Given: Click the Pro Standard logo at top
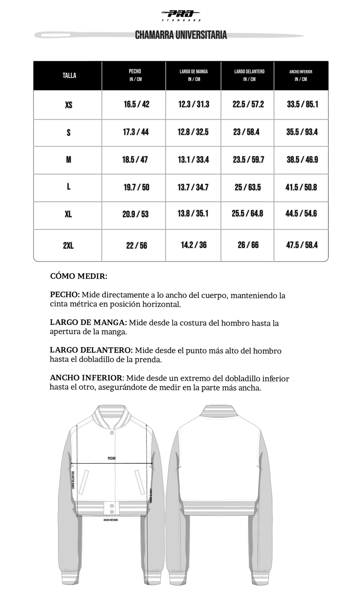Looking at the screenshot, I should pos(181,15).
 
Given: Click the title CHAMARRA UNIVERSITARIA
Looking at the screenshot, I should pos(181,35).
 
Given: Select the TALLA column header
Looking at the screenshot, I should pos(69,75).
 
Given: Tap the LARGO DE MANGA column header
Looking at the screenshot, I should pos(194,75).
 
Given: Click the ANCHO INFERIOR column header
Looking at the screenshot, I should pos(301,75).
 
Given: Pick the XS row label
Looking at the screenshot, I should pos(68,105).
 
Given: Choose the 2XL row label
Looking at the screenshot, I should pos(68,246).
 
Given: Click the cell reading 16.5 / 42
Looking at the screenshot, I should pos(136,104).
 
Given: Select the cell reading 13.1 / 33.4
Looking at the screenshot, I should pos(193,160).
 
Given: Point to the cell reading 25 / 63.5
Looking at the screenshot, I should pos(248,187).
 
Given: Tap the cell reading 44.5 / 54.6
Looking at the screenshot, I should pos(301,214).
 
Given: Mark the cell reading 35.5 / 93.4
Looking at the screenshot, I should pos(302,132).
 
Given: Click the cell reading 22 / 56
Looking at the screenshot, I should pos(136,246).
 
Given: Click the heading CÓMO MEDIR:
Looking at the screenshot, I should pos(78,276).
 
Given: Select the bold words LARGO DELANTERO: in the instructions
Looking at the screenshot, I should pos(91,350).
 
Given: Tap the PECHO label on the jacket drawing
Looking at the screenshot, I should pos(112,458).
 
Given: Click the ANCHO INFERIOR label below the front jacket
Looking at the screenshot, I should pos(111,520).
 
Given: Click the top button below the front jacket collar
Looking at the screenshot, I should pos(112,432).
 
